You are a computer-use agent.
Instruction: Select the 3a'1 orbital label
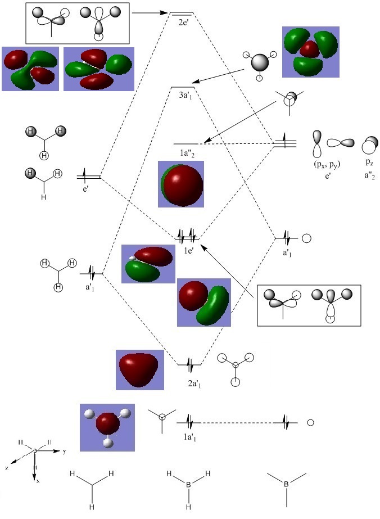click(187, 96)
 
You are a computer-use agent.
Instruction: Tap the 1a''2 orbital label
click(187, 152)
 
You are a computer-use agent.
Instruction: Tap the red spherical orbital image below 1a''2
click(182, 184)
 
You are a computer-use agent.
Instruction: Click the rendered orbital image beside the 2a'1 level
click(140, 369)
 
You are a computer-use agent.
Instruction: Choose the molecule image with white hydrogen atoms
click(107, 427)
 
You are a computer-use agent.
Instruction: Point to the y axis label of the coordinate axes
click(65, 452)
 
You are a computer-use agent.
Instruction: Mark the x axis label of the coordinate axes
click(37, 481)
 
